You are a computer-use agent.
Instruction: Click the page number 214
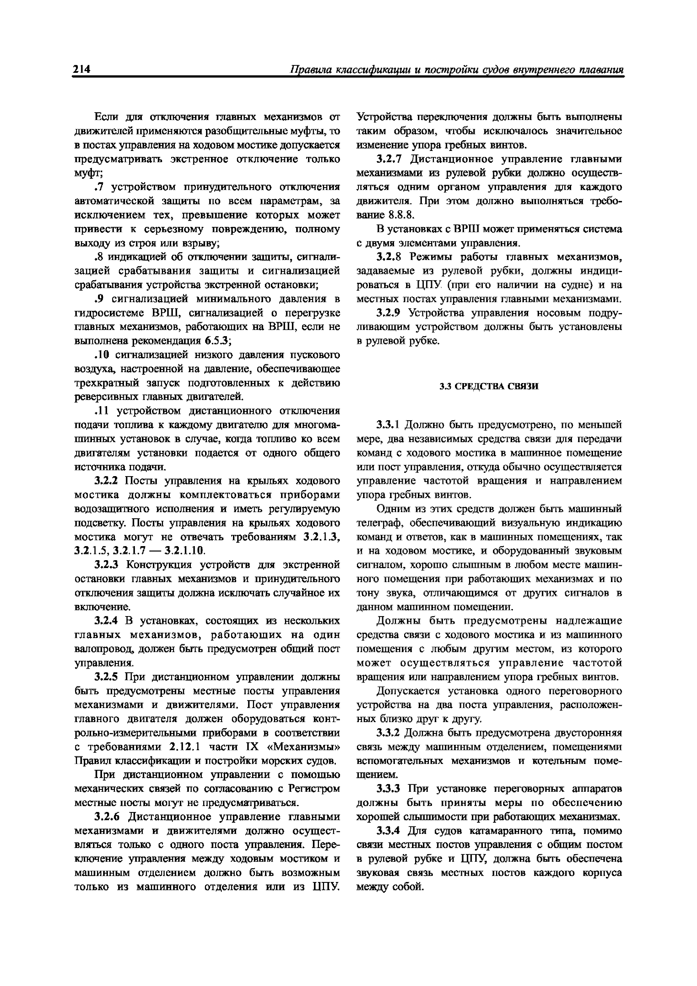pyautogui.click(x=82, y=69)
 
